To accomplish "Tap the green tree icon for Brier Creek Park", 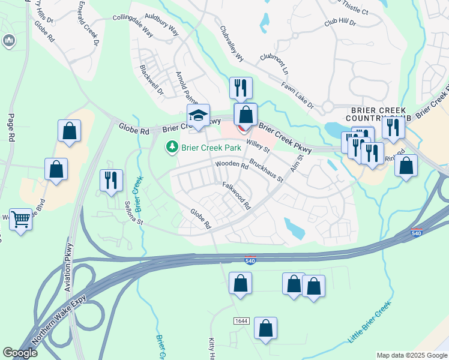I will pos(172,146).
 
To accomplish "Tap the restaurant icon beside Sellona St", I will pos(111,180).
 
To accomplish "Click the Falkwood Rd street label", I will pos(237,195).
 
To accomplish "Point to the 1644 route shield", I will pos(241,322).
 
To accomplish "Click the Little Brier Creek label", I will pos(369,322).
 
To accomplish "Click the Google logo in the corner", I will pos(20,353).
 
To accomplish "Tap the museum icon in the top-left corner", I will pos(9,41).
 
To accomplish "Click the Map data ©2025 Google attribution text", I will pos(411,355).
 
